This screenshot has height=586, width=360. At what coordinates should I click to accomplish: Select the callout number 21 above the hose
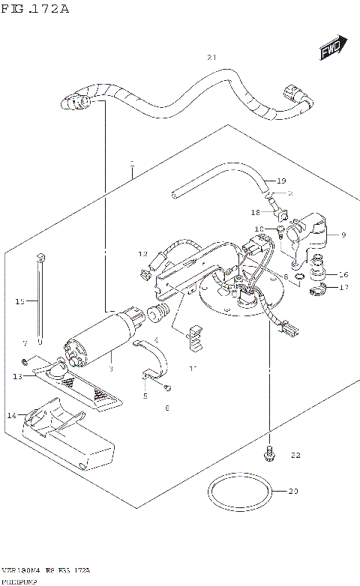211,58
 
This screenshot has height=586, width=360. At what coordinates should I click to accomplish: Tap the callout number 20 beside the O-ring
293,492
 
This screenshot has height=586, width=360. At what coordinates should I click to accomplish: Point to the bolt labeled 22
268,453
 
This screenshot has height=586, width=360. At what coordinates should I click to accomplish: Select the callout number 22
295,455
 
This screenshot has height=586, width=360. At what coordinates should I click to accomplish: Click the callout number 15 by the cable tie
20,301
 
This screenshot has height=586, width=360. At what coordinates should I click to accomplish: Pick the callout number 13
16,376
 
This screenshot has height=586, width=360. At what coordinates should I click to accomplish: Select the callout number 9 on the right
343,235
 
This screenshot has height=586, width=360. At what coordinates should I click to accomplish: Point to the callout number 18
255,213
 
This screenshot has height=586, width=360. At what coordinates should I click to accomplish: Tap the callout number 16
343,274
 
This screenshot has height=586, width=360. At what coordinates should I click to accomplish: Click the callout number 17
343,287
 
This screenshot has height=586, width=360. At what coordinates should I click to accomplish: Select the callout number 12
142,255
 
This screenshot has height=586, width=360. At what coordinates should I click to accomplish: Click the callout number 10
259,229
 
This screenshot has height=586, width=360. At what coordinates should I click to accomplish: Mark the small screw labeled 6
169,387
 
